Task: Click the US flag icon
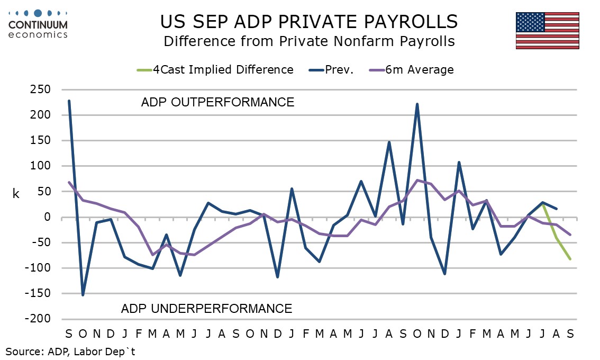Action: (x=548, y=30)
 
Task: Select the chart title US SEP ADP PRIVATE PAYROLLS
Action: (x=309, y=22)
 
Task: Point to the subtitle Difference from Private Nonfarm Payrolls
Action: (x=309, y=41)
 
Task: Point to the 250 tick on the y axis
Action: (x=40, y=89)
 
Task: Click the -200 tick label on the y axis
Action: (x=38, y=319)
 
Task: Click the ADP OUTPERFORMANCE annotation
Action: (x=217, y=102)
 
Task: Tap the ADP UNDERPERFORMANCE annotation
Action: (x=206, y=308)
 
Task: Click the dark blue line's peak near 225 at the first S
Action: (x=69, y=101)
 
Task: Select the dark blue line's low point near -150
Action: (x=83, y=295)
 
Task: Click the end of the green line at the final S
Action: (x=570, y=259)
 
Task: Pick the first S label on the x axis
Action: (x=69, y=334)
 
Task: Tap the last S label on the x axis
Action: (x=570, y=334)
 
